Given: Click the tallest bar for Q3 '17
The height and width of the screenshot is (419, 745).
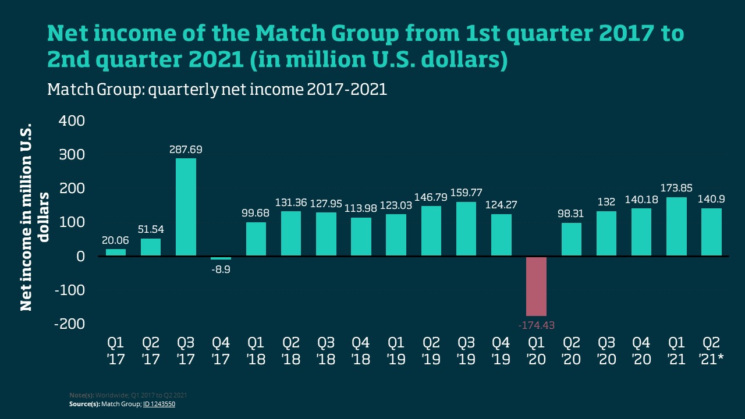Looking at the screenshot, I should [186, 207].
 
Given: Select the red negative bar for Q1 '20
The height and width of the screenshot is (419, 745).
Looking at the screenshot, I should [536, 286].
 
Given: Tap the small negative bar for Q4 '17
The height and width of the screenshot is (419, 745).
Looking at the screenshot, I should [221, 258].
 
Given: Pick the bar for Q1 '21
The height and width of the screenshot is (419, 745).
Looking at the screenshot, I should [676, 226].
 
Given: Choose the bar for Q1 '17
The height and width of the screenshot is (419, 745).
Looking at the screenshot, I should [116, 253].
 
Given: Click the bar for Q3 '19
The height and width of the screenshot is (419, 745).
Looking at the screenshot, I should [466, 229].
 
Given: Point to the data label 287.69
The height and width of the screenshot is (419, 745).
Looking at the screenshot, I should [186, 150].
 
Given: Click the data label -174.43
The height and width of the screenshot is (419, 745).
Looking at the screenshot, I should [536, 325].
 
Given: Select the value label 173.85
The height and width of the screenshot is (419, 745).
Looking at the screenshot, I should [676, 189].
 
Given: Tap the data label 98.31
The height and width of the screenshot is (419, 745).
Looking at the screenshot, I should [571, 214].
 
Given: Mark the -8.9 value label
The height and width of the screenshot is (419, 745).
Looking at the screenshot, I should [221, 269].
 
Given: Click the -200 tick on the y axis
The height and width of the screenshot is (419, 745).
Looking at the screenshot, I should [69, 324].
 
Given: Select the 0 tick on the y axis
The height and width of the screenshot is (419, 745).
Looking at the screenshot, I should [80, 256].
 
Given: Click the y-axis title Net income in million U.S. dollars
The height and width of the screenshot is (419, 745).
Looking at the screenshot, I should [34, 216].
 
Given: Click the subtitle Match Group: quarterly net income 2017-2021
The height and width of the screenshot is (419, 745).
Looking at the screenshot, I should [217, 90].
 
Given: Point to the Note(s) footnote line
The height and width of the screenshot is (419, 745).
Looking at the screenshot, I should [128, 396].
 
